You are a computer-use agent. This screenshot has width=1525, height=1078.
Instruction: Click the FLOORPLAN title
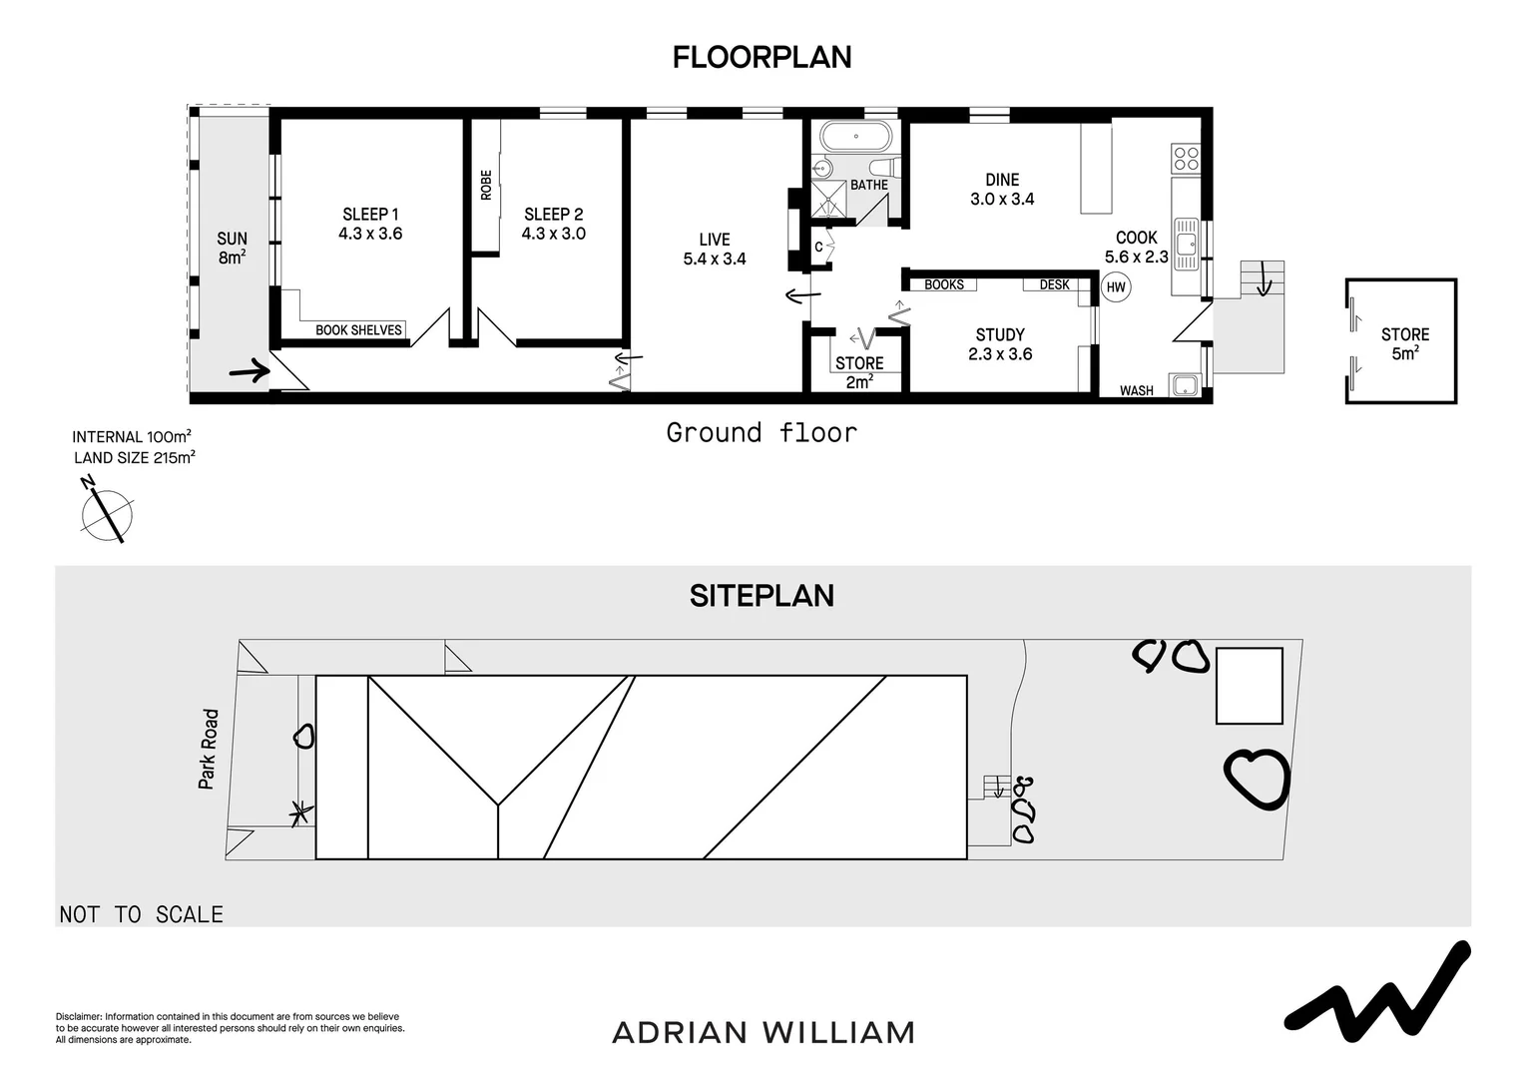pos(762,57)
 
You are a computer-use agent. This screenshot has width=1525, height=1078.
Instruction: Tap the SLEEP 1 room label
pos(370,215)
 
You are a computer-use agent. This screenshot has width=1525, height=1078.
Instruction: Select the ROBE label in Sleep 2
pos(486,186)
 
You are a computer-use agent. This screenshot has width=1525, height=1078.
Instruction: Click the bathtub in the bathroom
pos(855,137)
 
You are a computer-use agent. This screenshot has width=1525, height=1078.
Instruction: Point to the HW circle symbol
pos(1116,287)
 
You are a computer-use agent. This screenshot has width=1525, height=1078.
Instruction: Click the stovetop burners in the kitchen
pos(1186,158)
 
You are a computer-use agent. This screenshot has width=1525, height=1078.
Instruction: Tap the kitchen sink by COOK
pos(1186,244)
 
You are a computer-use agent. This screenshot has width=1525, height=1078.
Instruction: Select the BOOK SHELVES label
pos(358,330)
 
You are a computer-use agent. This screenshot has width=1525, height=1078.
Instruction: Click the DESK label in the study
pos(1055,284)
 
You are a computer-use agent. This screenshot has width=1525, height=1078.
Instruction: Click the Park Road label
pos(209,749)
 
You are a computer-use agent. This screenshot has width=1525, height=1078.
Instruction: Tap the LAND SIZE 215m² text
pos(134,457)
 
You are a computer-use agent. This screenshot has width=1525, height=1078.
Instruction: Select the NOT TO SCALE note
pos(142,914)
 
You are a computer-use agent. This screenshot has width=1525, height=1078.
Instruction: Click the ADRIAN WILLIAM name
pos(763,1033)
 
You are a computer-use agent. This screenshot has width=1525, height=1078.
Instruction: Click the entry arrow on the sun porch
pos(250,371)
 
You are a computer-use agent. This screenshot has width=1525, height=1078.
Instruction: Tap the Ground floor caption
pos(762,433)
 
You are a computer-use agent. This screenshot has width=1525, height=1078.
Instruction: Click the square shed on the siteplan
pos(1250,686)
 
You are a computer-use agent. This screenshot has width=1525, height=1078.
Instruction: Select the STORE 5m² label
pos(1405,344)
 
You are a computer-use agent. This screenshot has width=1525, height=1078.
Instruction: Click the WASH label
pos(1137,391)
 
